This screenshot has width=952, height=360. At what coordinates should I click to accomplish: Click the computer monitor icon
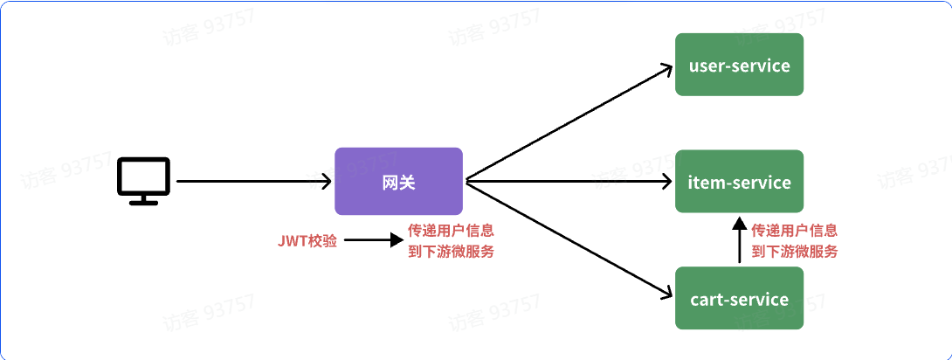click(144, 179)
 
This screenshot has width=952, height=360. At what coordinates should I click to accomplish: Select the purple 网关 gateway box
click(398, 182)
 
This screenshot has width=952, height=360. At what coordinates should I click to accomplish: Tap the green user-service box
click(739, 65)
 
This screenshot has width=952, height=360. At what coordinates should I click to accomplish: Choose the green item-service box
click(739, 182)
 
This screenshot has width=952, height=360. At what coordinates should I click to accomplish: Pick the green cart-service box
click(739, 299)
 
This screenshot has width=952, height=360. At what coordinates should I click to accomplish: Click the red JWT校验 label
click(307, 240)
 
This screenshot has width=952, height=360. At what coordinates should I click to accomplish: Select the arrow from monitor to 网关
click(253, 182)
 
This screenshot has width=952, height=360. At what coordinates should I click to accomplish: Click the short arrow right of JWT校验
click(372, 240)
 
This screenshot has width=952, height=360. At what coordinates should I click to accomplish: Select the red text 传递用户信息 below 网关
click(451, 232)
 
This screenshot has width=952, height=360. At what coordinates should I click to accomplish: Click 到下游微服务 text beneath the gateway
click(451, 252)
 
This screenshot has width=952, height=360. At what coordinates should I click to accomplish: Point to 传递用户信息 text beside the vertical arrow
click(794, 232)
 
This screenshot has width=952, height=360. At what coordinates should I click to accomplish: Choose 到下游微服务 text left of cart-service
click(794, 252)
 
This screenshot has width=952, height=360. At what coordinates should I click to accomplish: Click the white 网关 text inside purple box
click(398, 183)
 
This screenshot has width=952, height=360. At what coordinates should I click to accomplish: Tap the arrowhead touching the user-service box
click(666, 68)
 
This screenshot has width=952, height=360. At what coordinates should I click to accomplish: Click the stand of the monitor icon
click(144, 199)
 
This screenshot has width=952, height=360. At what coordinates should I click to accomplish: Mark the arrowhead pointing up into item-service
click(739, 225)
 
